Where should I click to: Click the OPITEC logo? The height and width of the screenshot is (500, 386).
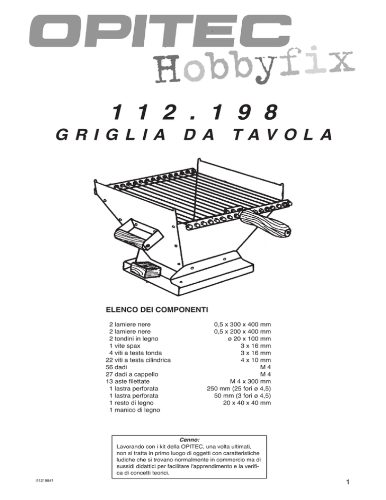[160, 31]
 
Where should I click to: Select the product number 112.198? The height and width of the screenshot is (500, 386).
[195, 112]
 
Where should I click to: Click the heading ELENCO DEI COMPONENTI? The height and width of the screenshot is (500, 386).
[157, 309]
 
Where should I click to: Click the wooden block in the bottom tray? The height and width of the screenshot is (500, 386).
[145, 270]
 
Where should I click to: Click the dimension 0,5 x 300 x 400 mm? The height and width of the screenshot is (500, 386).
[242, 324]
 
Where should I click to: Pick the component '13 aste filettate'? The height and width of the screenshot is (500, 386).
[128, 381]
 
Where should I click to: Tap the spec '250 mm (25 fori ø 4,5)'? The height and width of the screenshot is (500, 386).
[239, 388]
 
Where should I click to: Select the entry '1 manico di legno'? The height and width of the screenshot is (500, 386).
[135, 410]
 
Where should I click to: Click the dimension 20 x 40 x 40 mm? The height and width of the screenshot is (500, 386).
[247, 403]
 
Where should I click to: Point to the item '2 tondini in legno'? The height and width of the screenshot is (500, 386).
[134, 339]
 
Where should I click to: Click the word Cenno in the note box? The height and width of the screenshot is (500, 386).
[189, 440]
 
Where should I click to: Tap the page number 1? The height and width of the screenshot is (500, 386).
[348, 482]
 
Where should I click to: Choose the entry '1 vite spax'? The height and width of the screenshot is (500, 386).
[125, 346]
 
